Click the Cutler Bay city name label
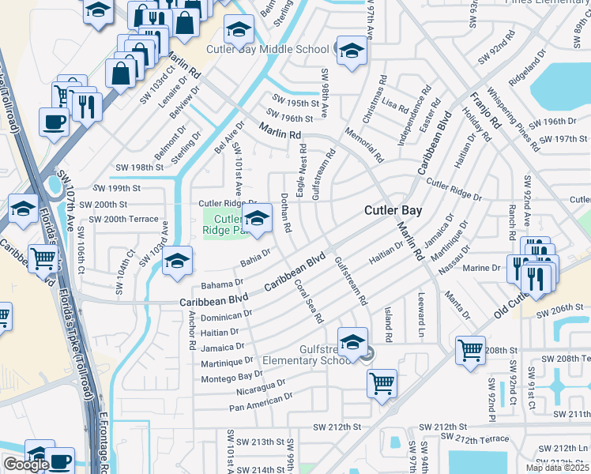(393, 211)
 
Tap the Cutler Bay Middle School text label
(267, 49)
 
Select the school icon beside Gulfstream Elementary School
(352, 342)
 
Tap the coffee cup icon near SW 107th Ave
(54, 122)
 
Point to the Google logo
(26, 465)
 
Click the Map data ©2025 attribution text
(556, 468)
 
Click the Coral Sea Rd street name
(307, 300)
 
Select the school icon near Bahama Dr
(178, 260)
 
